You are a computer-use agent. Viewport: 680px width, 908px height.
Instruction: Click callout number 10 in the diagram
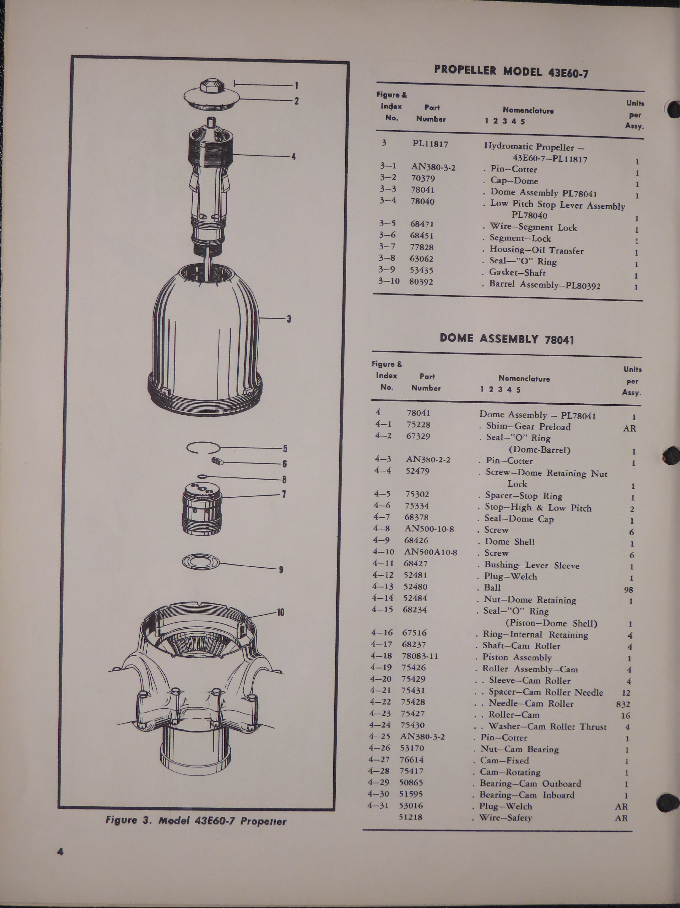coord(280,612)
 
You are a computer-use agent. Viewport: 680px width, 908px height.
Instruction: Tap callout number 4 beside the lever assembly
coord(293,156)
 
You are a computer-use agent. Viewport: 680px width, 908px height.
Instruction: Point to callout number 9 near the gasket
coord(281,569)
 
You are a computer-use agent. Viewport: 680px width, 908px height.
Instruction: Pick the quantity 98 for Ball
coord(628,590)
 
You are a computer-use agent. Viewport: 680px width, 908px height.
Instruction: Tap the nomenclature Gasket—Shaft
coord(517,273)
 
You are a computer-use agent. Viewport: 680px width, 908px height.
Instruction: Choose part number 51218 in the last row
coord(411,817)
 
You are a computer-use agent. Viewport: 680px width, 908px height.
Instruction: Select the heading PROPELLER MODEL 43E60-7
coord(511,72)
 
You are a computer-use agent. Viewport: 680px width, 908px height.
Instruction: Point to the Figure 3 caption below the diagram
coord(196,821)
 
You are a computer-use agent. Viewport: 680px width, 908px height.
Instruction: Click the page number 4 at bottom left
coord(60,852)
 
